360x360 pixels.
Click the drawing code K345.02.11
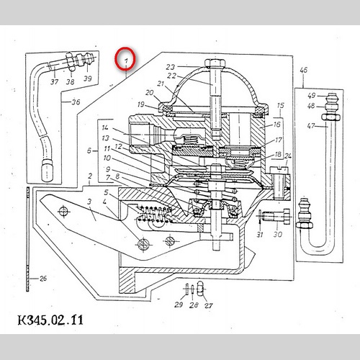click(x=50, y=320)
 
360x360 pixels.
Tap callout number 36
click(x=76, y=102)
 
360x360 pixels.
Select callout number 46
click(x=303, y=70)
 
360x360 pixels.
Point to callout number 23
click(x=171, y=67)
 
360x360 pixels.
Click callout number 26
click(x=43, y=279)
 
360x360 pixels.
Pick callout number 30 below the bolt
click(x=278, y=234)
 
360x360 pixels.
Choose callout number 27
click(x=208, y=305)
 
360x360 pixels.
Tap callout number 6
click(x=89, y=150)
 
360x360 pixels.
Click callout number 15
click(x=280, y=105)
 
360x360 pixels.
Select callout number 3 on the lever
click(x=89, y=202)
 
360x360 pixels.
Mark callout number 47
click(x=311, y=125)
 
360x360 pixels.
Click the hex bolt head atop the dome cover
click(x=215, y=63)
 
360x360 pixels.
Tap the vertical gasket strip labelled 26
click(x=28, y=240)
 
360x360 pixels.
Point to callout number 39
click(x=87, y=78)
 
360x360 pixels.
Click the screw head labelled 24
click(x=280, y=170)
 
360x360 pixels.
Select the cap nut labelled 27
click(x=201, y=289)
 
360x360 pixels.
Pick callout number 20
click(x=149, y=92)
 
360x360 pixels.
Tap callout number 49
click(x=311, y=96)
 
